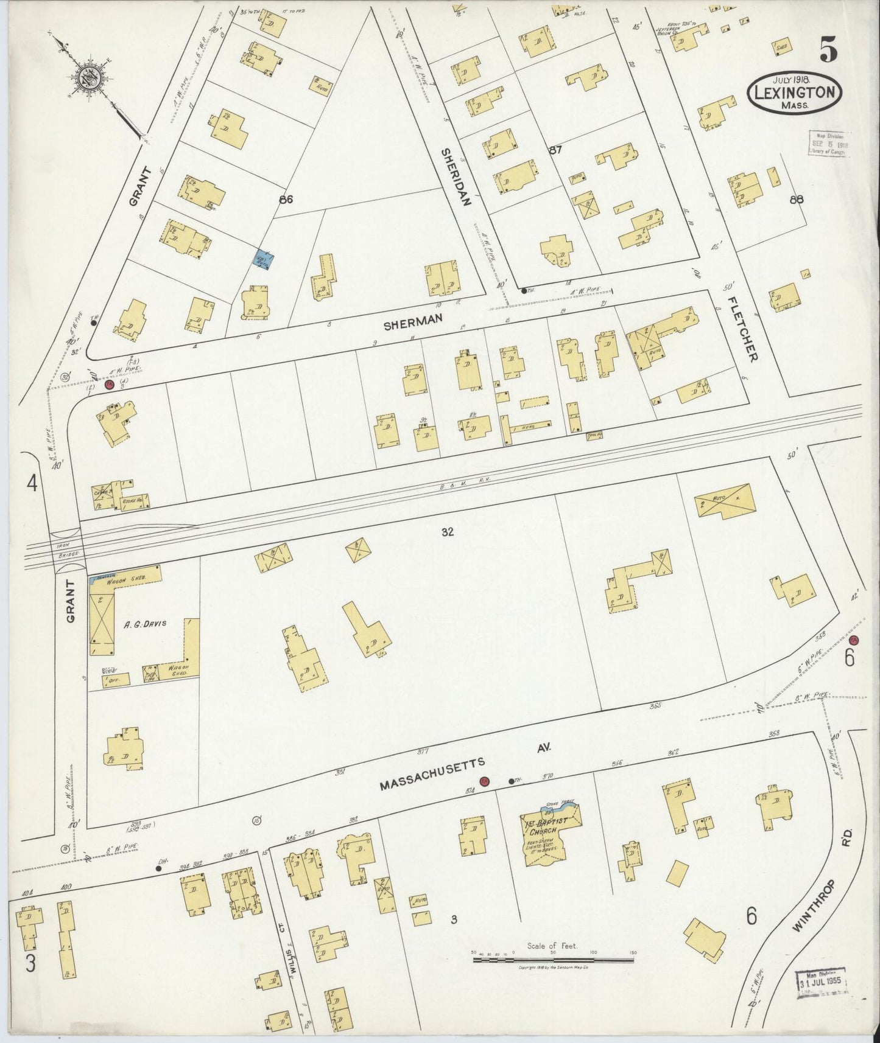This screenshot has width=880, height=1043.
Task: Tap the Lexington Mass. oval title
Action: pyautogui.click(x=795, y=92)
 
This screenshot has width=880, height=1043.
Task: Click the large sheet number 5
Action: pyautogui.click(x=828, y=49)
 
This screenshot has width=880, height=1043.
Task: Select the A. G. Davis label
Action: pyautogui.click(x=144, y=624)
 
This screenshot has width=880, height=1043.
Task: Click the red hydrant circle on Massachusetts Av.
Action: pyautogui.click(x=484, y=782)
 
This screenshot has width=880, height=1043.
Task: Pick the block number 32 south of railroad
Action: pyautogui.click(x=448, y=532)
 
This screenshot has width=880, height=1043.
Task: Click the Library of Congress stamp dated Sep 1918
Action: pyautogui.click(x=829, y=144)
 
